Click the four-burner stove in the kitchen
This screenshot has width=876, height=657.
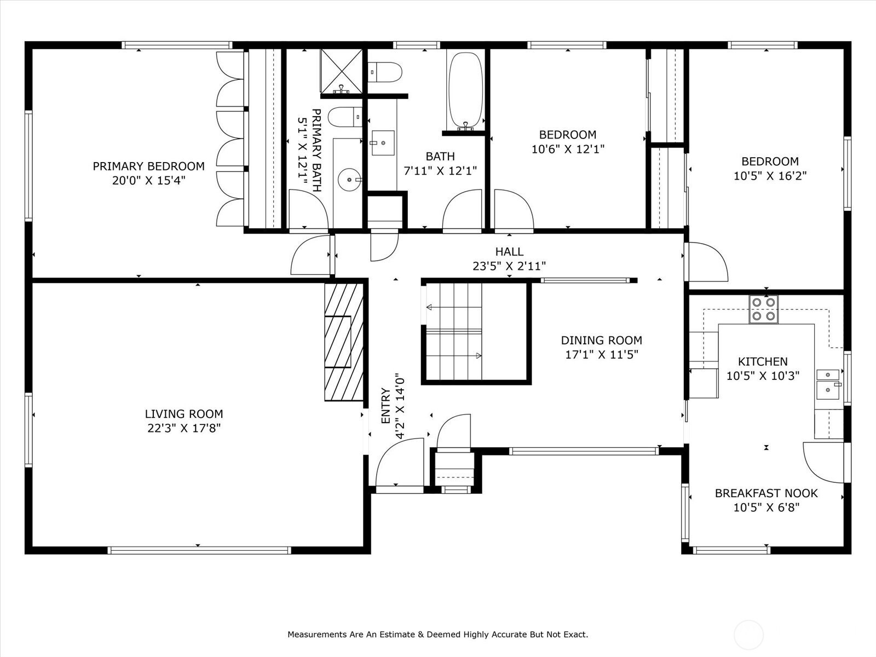(763, 309)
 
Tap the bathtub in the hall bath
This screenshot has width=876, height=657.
(465, 90)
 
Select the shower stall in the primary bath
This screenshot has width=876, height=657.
(341, 71)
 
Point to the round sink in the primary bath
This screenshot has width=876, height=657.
(350, 180)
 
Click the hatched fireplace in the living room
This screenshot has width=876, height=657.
(344, 342)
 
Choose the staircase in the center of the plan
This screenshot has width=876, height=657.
(454, 331)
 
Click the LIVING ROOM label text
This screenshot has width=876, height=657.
(184, 414)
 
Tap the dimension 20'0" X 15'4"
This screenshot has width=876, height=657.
(149, 181)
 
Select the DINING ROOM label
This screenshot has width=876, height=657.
(601, 340)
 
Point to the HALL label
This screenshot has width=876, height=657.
(509, 252)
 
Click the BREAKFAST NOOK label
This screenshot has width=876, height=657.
(766, 493)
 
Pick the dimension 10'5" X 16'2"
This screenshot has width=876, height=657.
(770, 176)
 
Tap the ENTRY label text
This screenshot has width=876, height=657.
(385, 406)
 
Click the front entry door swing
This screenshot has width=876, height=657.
(400, 462)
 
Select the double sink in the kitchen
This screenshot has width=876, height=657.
(828, 384)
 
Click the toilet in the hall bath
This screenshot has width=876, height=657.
(384, 72)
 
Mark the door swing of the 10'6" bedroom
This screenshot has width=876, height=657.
(514, 210)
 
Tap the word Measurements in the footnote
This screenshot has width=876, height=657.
(317, 634)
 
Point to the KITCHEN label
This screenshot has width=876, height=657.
(763, 361)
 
